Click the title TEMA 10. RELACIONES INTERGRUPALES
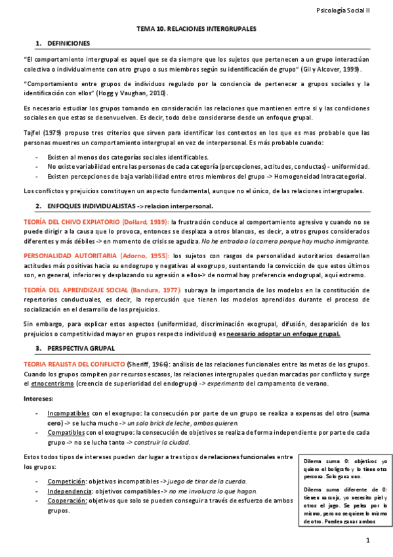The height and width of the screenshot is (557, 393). point(196,30)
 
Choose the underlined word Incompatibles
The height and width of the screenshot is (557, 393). point(69,414)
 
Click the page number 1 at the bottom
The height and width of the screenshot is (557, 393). point(368,540)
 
